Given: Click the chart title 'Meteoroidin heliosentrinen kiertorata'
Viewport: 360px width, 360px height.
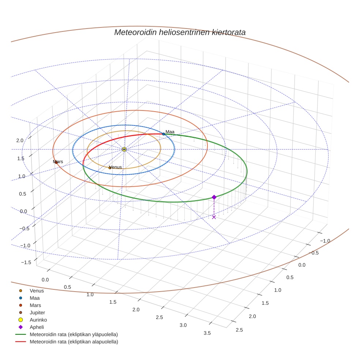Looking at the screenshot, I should point(180,32).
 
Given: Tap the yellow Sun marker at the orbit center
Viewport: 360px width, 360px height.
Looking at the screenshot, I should point(124,149).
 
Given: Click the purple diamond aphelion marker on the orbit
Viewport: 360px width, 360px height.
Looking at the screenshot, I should point(214,197).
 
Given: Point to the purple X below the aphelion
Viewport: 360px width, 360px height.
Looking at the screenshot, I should point(214,217).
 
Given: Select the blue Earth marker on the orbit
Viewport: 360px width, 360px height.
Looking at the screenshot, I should point(164,134).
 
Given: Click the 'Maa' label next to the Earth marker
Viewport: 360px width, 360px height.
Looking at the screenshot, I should point(170,132).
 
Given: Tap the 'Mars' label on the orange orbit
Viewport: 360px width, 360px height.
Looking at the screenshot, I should point(58,162).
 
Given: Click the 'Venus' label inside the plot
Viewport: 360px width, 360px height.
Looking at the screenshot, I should point(116,167).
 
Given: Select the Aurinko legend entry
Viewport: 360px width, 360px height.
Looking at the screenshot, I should point(38,320).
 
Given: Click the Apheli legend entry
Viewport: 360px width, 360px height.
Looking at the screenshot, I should point(37,327).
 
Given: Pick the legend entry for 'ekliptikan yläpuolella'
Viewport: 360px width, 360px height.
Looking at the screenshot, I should point(74,334).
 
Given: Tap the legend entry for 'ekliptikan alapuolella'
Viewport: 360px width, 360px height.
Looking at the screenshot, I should point(74,342).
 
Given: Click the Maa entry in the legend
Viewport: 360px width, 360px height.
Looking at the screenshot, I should point(34,298).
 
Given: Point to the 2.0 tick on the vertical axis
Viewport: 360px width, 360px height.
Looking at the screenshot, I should point(20,140).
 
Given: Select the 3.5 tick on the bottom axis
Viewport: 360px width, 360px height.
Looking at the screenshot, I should point(207,333).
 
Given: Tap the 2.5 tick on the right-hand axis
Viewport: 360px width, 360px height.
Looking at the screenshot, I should point(240,330).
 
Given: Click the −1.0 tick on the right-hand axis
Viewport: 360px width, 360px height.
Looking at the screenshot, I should point(325,241).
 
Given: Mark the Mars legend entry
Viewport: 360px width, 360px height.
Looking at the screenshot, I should point(35,305).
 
